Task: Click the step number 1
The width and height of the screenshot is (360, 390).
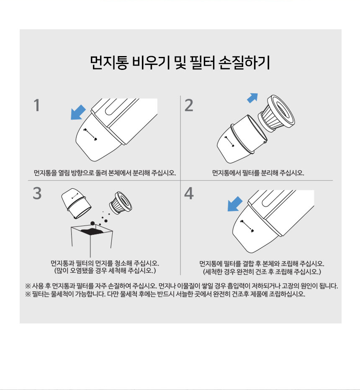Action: point(37,105)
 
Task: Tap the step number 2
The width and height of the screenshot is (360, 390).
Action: point(189,105)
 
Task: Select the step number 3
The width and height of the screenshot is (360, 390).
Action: point(37,193)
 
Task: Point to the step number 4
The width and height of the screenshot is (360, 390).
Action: point(189,193)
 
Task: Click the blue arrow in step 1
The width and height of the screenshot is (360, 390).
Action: point(78,113)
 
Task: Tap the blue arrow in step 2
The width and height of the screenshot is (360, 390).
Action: point(252,98)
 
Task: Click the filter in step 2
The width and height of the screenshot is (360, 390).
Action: point(277,113)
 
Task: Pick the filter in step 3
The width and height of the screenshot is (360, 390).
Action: point(121,203)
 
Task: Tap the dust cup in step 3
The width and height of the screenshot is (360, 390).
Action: point(76,203)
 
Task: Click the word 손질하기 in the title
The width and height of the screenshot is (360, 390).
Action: point(244,63)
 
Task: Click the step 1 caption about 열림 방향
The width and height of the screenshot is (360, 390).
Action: point(105,173)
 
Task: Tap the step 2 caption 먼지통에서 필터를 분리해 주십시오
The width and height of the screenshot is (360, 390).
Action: point(258,173)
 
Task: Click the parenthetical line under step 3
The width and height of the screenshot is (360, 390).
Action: point(105,271)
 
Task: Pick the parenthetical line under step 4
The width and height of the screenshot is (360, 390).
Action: point(262,271)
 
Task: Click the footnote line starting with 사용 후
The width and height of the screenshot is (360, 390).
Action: point(181,286)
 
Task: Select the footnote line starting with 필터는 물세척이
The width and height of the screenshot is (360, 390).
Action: point(165,294)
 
